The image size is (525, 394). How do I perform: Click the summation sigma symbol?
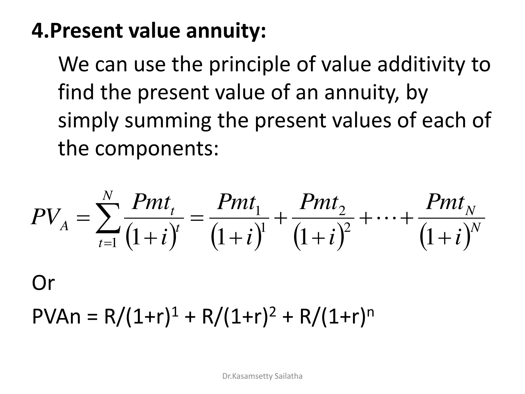[x=108, y=218]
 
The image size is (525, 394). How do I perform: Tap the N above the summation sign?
[x=108, y=196]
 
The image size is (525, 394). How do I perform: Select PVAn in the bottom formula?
[x=56, y=317]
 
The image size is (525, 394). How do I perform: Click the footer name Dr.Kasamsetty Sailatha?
[x=262, y=376]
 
